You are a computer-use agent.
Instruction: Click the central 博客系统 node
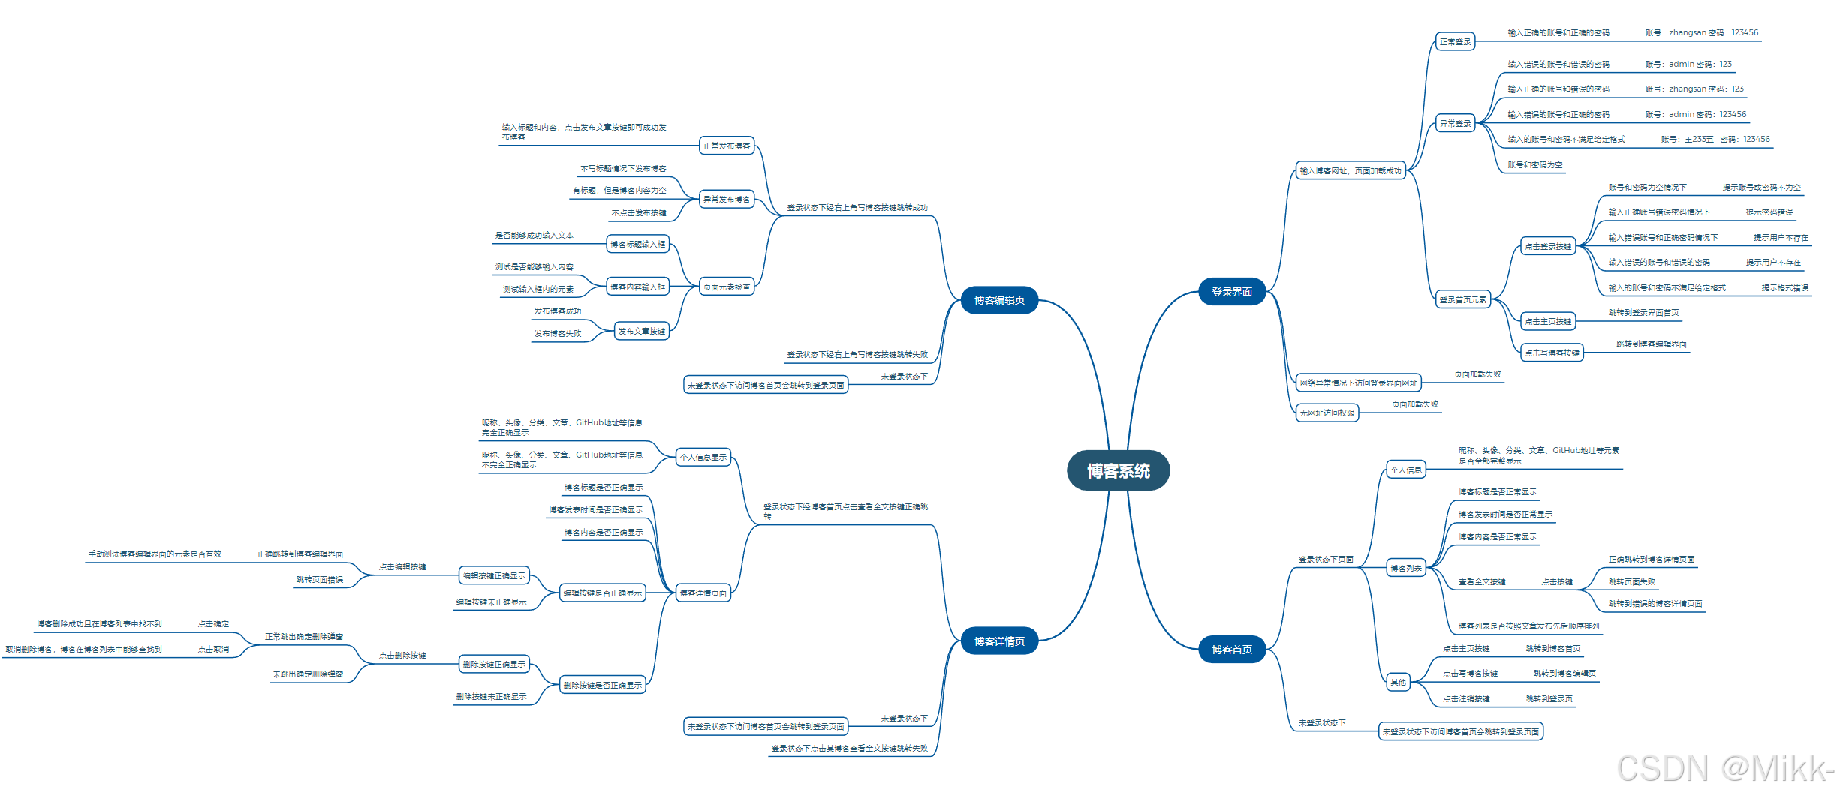click(x=1118, y=470)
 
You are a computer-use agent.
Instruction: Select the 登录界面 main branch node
click(x=1231, y=292)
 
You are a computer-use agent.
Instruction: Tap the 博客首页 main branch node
click(x=1231, y=650)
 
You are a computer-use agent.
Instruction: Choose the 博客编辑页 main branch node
click(x=999, y=300)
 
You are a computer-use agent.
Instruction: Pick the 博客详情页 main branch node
click(x=999, y=641)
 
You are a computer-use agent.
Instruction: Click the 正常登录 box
click(x=1455, y=41)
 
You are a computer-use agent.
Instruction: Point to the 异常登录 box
click(x=1455, y=123)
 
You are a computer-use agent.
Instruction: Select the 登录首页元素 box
click(x=1462, y=299)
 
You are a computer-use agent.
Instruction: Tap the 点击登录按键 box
click(x=1548, y=246)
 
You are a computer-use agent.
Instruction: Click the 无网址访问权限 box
click(x=1327, y=413)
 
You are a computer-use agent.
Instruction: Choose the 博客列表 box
click(x=1405, y=568)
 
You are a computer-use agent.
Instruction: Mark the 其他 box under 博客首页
click(x=1398, y=682)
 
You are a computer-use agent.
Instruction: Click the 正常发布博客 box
click(x=726, y=146)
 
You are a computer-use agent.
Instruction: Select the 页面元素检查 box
click(x=726, y=287)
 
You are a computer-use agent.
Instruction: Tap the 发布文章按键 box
click(x=641, y=331)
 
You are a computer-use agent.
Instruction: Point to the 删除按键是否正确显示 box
click(x=602, y=685)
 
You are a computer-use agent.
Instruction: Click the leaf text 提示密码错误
click(x=1769, y=212)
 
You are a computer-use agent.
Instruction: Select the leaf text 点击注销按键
click(x=1465, y=698)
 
